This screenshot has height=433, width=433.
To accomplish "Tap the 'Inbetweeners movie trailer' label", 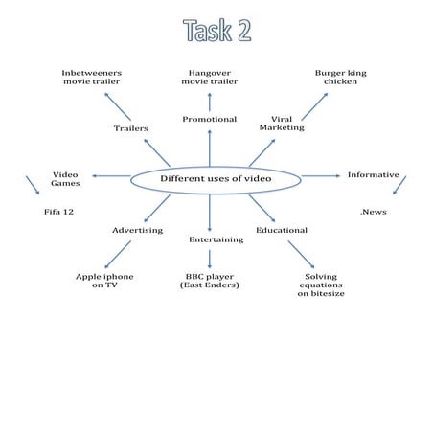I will pos(91,78).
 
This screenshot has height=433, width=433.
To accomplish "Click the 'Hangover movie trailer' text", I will pos(210,78).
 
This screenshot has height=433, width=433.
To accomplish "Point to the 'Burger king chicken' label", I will pos(340,78).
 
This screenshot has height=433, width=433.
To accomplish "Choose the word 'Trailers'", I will pos(130,128).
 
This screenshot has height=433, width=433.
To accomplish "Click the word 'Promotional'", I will pos(210,120).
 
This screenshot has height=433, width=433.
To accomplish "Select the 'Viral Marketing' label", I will pos(282,124).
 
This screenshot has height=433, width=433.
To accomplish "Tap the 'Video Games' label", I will pos(65,179).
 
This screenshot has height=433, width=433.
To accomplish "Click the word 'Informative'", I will pos(373,175).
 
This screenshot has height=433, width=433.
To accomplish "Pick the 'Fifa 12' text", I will pos(59,212).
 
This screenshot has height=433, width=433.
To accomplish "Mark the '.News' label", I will pos(373,212).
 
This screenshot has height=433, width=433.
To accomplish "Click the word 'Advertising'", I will pos(137,231).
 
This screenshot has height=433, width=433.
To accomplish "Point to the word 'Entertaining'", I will pos(216,239).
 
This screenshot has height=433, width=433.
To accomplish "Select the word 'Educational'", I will pos(282,231).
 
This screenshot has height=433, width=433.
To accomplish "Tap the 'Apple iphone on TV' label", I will pos(104,281).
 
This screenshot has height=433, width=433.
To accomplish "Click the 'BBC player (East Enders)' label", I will pos(210,281).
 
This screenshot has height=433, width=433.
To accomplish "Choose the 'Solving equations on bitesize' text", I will pos(321,285).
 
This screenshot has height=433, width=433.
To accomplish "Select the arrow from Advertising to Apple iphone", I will pos(118,254).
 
